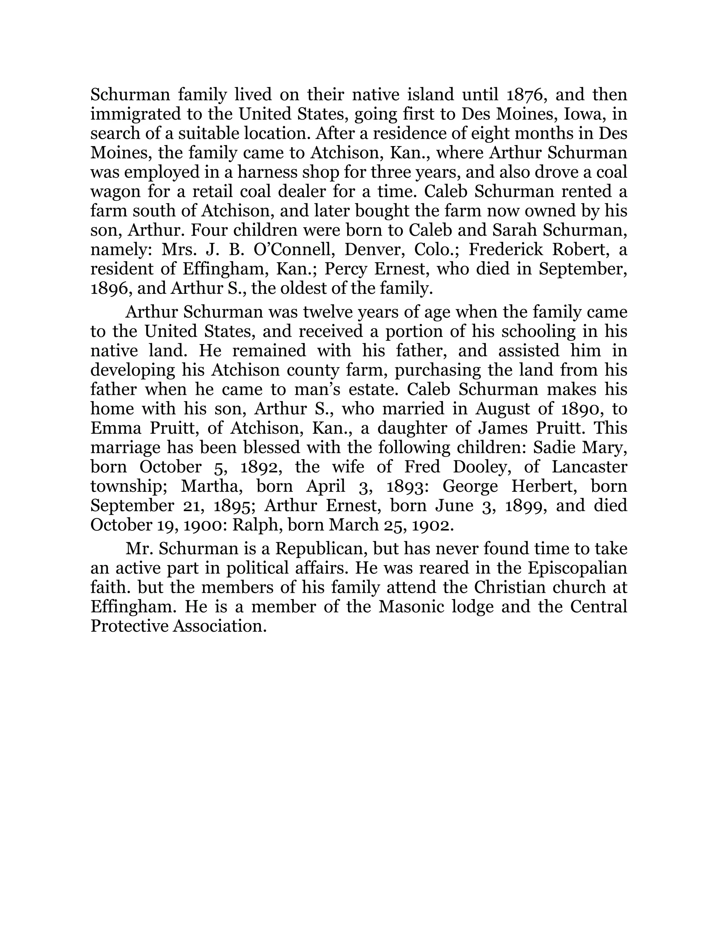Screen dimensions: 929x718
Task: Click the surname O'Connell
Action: [291, 250]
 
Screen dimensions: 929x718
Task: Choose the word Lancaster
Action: [590, 467]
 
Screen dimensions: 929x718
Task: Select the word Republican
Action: [321, 549]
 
